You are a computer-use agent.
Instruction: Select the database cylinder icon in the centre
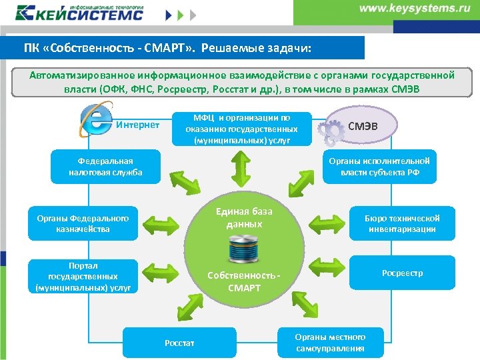pos(245,251)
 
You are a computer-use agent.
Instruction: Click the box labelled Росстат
pos(179,343)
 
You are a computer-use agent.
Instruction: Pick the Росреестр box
pos(402,273)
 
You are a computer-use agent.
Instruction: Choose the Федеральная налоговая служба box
pos(105,167)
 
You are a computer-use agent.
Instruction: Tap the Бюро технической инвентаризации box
pos(402,223)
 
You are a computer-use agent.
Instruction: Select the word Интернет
pos(138,125)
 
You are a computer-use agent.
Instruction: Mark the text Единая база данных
pos(244,218)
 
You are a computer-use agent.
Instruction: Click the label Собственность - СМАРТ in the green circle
pos(244,281)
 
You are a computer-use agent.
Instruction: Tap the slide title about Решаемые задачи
pos(167,49)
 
